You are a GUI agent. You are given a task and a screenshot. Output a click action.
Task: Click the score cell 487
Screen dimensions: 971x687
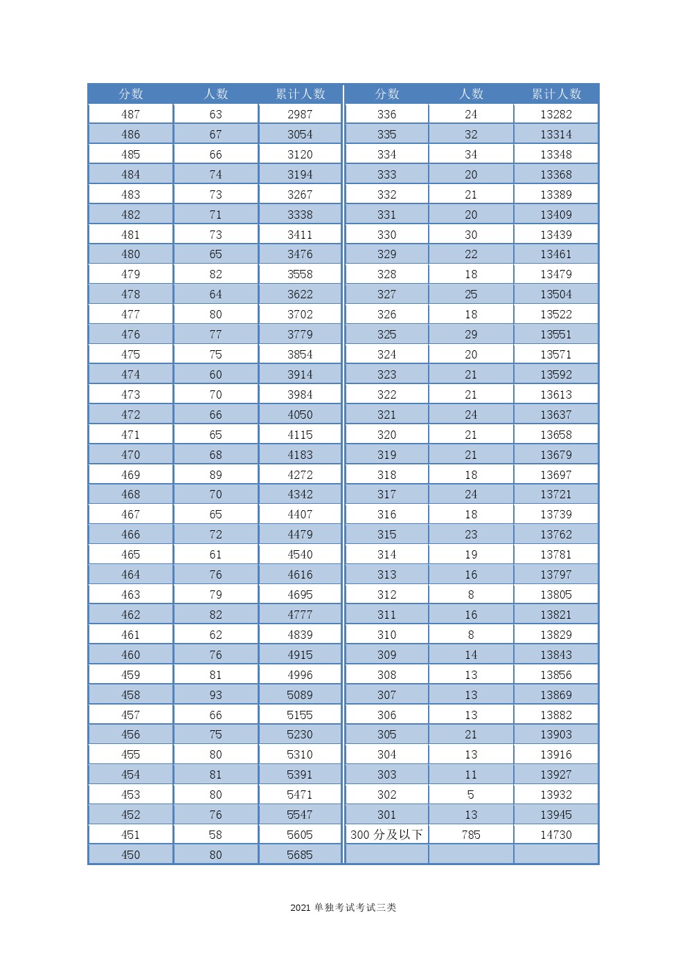pos(130,114)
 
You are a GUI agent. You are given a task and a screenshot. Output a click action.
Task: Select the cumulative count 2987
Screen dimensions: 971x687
pos(300,114)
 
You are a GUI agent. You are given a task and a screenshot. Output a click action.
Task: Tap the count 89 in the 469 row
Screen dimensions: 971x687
pos(215,475)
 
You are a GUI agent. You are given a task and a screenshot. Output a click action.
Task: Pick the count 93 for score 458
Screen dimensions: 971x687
pos(215,695)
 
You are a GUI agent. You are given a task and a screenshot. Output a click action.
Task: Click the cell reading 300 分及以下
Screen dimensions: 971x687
pos(386,835)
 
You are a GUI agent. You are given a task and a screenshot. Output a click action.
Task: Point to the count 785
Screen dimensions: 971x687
pos(471,835)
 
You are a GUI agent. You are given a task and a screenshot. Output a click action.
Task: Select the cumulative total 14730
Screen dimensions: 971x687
pos(556,835)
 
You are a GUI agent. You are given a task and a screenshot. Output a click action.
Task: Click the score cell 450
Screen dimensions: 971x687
pos(130,855)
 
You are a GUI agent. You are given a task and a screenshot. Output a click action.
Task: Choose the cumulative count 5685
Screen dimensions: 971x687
pos(300,855)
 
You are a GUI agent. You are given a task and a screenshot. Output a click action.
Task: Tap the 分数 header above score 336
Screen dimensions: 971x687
pos(387,94)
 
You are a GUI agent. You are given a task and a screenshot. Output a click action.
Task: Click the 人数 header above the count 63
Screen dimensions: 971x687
pos(216,94)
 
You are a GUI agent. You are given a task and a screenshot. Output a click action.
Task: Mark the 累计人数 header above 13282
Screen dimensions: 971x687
pos(556,94)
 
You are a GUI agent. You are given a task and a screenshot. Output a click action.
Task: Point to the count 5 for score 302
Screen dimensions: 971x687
pos(471,795)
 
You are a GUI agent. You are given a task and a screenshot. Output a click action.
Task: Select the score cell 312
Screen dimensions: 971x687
pos(386,595)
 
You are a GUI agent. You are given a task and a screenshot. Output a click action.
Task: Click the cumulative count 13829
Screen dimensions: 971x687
pos(556,635)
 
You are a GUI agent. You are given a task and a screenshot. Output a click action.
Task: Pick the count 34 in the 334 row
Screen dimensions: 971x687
pos(471,154)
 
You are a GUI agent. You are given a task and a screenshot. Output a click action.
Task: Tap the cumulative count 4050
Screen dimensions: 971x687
pos(300,415)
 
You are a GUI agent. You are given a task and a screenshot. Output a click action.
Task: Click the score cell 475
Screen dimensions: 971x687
pos(130,354)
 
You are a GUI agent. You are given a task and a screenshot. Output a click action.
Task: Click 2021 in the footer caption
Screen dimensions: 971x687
pos(300,908)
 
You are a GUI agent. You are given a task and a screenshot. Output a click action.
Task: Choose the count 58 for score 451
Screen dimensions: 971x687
pos(215,835)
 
